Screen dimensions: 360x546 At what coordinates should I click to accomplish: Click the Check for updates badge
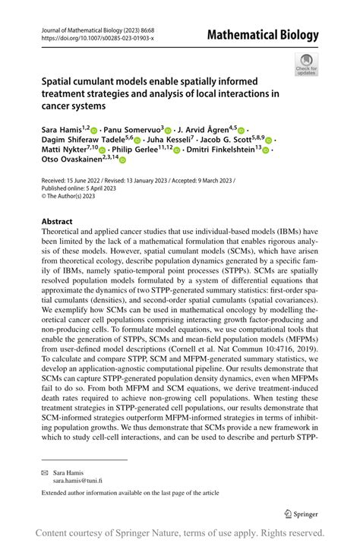[x=305, y=64]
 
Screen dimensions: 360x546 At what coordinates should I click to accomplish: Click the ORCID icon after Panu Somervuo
[x=168, y=131]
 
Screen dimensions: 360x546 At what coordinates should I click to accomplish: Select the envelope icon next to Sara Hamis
[x=44, y=471]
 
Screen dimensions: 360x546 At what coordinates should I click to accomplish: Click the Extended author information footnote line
[x=131, y=493]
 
